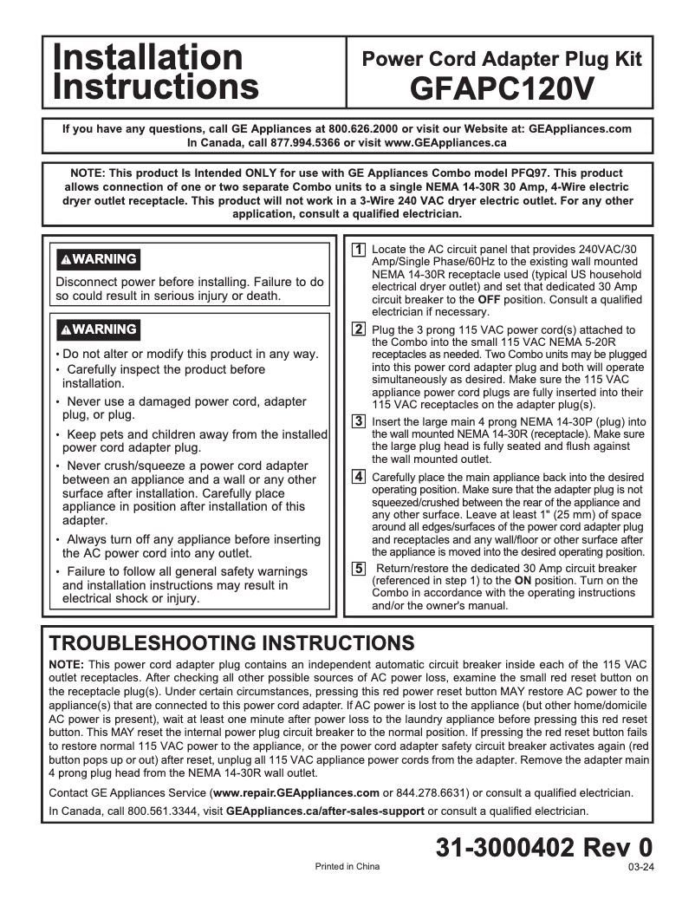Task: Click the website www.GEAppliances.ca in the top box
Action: [x=445, y=142]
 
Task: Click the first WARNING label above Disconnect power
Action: [x=98, y=259]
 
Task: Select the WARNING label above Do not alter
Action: [x=98, y=329]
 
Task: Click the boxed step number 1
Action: [x=358, y=250]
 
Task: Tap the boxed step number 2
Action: [x=358, y=329]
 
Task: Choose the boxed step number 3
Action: [x=358, y=421]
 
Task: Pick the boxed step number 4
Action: [x=358, y=477]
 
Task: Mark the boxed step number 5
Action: [x=358, y=569]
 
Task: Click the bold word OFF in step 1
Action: [x=490, y=299]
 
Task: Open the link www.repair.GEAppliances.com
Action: [x=296, y=792]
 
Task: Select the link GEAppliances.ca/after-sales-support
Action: [x=325, y=811]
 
